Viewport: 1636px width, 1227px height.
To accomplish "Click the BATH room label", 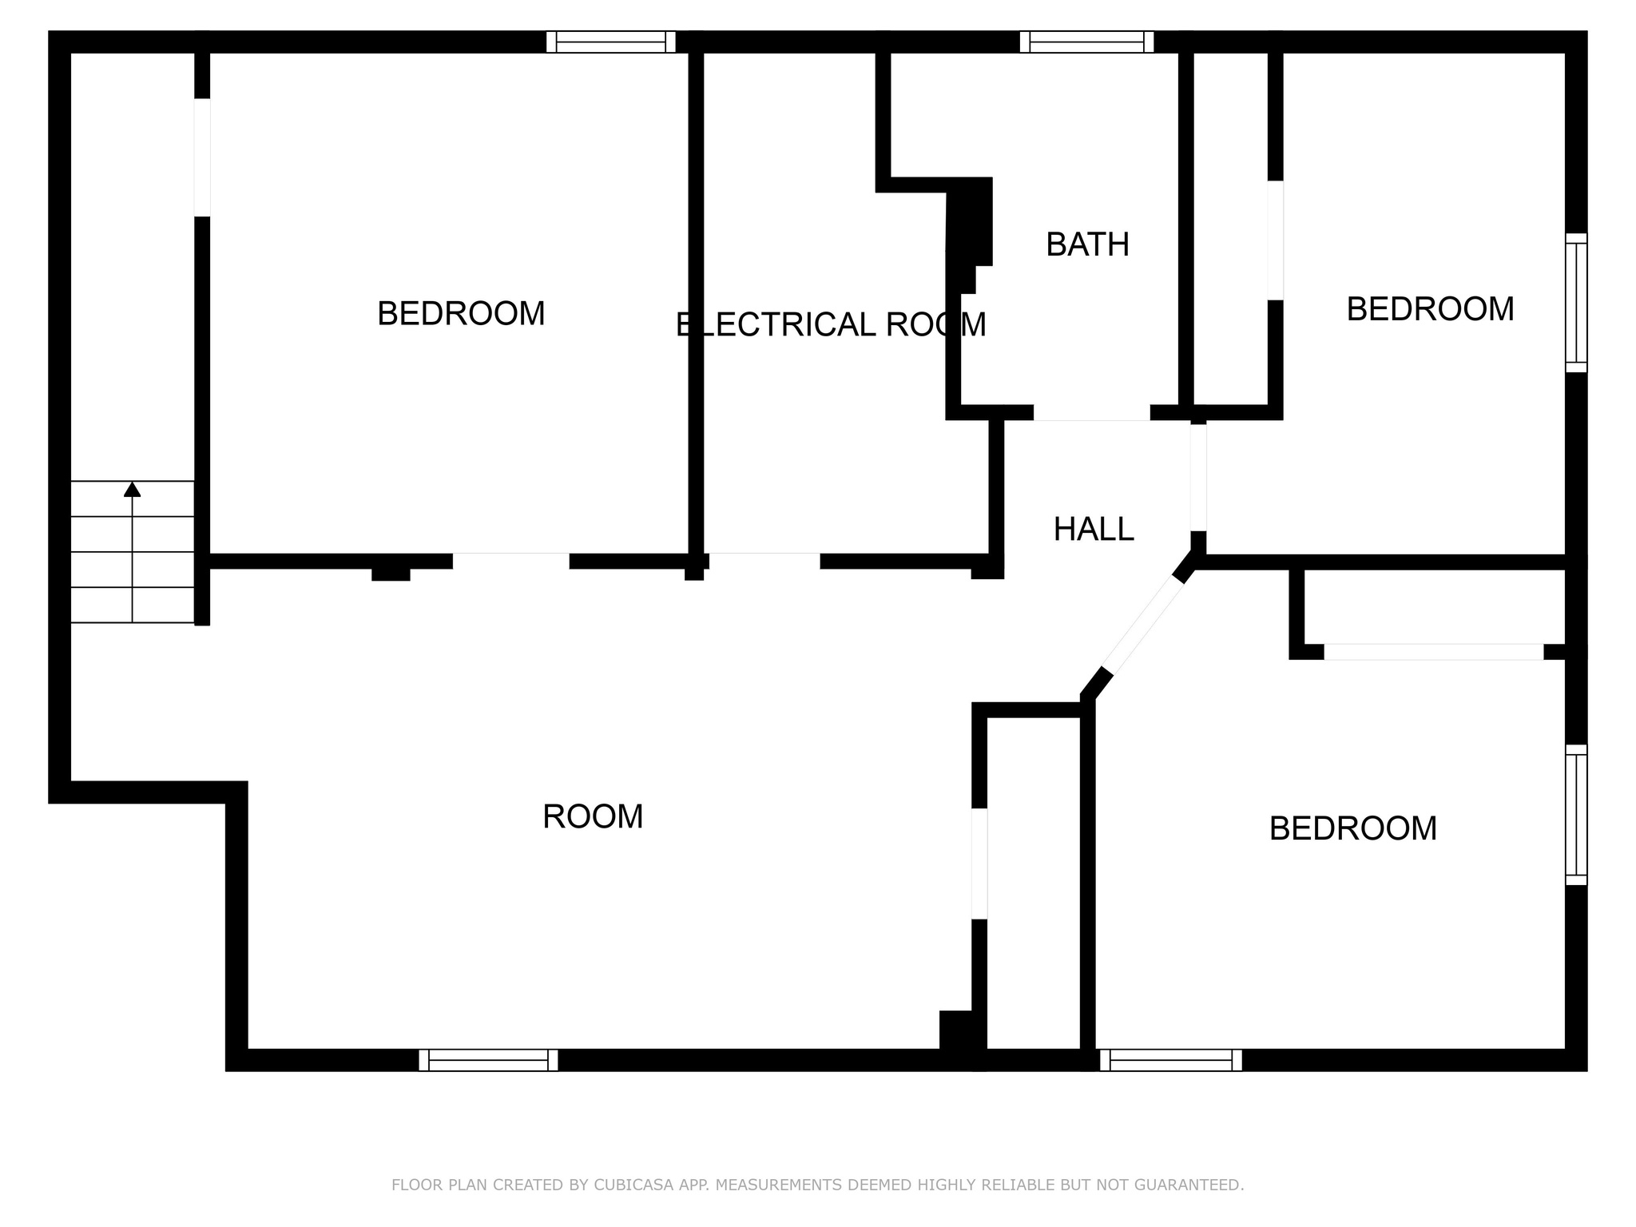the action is pos(1087,244).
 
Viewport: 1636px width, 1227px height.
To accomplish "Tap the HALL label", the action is pos(1094,530).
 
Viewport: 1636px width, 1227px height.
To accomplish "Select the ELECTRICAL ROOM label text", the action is pos(831,324).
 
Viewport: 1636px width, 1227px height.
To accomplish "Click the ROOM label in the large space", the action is pos(593,816).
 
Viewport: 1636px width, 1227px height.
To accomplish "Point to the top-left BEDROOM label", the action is pos(461,313).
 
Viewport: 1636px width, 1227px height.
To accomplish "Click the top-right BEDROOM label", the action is pos(1430,309).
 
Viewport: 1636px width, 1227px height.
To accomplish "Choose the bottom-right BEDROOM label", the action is pos(1353,828).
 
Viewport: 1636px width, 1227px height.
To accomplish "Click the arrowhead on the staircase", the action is pos(133,489).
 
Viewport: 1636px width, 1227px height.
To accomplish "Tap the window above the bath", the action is pos(1087,42).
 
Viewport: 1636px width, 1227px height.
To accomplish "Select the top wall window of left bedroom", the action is pos(611,42).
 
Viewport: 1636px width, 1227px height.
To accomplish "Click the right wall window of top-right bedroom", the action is pos(1576,303).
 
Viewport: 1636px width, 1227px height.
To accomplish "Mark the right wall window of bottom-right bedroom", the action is pos(1576,815).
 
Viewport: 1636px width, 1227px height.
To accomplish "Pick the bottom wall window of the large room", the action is pos(488,1060).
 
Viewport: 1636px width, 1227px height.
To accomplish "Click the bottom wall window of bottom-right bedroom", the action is pos(1171,1060).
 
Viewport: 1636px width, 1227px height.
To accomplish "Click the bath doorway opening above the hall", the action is pos(1092,413).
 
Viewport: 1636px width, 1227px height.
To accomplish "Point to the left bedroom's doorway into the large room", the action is pos(511,561).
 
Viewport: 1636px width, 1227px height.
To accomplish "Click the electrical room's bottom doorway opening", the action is pos(764,561).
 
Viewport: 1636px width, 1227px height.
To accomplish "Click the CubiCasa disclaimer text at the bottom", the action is pos(817,1185).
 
